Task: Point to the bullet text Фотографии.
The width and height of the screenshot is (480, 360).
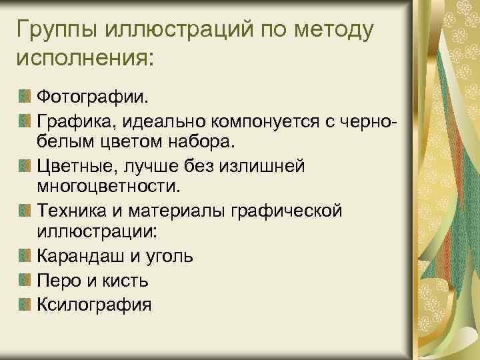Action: coord(93,97)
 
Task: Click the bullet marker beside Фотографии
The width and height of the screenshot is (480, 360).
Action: coord(24,97)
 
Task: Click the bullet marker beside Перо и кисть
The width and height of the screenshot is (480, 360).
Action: coord(24,280)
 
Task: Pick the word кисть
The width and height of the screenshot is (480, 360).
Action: coord(125,280)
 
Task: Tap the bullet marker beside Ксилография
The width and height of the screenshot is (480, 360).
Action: coord(24,304)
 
